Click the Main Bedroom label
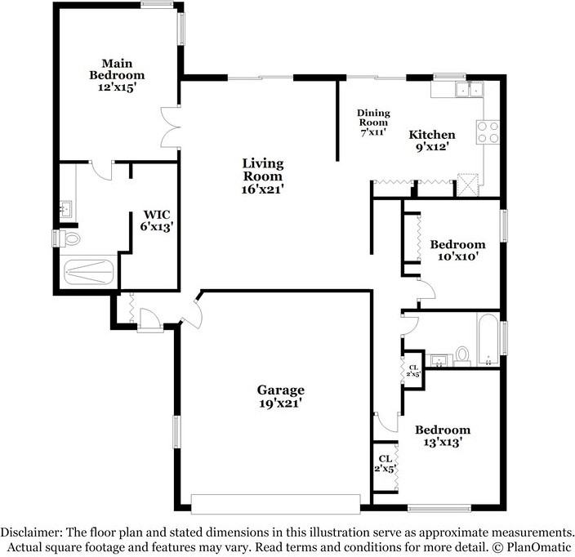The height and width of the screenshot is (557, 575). pyautogui.click(x=117, y=75)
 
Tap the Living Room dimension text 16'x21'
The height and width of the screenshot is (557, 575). pyautogui.click(x=262, y=189)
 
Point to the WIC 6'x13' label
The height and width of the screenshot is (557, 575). pyautogui.click(x=157, y=221)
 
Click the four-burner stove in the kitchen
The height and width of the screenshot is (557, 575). pyautogui.click(x=488, y=132)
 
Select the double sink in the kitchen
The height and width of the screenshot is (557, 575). pyautogui.click(x=469, y=89)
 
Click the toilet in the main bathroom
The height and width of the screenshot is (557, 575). pyautogui.click(x=69, y=238)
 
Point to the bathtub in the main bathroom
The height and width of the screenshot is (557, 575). pyautogui.click(x=88, y=272)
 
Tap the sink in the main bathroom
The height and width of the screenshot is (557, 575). pyautogui.click(x=66, y=209)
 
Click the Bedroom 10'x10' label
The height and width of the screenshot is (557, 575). pyautogui.click(x=457, y=250)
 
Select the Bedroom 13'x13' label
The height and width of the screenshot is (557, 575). pyautogui.click(x=443, y=435)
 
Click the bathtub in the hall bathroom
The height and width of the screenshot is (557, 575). pyautogui.click(x=488, y=340)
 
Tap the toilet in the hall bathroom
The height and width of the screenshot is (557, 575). pyautogui.click(x=462, y=356)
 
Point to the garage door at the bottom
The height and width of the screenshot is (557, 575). pyautogui.click(x=275, y=504)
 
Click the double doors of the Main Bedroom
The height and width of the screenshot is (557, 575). pyautogui.click(x=171, y=127)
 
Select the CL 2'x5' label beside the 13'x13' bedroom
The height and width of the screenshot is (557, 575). pyautogui.click(x=385, y=463)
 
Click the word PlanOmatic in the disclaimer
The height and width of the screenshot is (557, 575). pyautogui.click(x=539, y=547)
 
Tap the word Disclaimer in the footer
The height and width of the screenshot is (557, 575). pyautogui.click(x=29, y=532)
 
